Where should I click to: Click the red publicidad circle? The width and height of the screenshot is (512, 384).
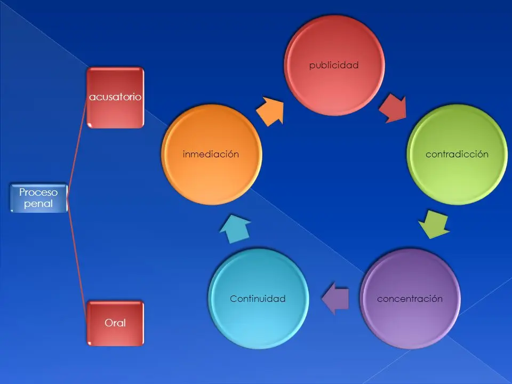click(x=334, y=65)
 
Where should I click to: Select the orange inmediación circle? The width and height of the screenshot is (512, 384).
click(x=212, y=155)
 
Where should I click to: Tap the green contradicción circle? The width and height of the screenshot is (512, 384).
click(x=457, y=155)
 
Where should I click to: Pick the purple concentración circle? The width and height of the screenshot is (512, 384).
click(x=410, y=299)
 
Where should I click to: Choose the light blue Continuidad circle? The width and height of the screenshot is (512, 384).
click(x=258, y=299)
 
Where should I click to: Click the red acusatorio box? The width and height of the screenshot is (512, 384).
click(x=115, y=97)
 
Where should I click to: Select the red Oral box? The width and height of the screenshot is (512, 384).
click(x=115, y=323)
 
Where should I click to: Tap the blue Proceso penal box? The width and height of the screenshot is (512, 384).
click(x=39, y=198)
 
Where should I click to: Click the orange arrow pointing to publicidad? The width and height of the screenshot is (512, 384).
click(x=270, y=111)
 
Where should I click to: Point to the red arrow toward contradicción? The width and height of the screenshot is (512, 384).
click(x=394, y=108)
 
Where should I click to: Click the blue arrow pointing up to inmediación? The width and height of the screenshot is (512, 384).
click(x=235, y=229)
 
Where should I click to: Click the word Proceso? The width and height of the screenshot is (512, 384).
click(x=38, y=192)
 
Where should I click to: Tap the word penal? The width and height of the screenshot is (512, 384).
click(x=38, y=204)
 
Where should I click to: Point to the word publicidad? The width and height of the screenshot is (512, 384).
click(x=334, y=65)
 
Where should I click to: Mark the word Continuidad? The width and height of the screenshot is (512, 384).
click(x=258, y=299)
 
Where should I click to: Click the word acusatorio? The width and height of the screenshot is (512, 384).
click(x=115, y=97)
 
